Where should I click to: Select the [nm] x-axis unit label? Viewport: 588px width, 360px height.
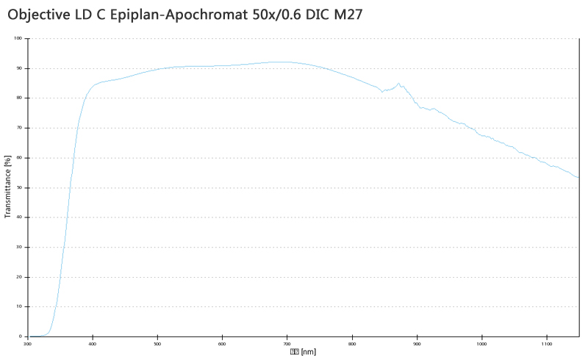click(309, 351)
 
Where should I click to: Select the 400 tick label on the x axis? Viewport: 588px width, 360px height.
click(93, 343)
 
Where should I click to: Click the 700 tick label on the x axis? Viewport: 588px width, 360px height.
click(287, 343)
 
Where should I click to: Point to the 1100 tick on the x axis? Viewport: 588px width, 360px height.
click(546, 343)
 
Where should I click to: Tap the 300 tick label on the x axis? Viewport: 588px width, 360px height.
click(28, 343)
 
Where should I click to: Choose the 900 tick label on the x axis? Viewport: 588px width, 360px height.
click(417, 343)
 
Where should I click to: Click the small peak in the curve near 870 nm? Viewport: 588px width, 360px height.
click(398, 84)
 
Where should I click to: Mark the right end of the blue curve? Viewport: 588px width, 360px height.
click(578, 177)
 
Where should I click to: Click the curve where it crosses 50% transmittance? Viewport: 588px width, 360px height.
click(70, 187)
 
